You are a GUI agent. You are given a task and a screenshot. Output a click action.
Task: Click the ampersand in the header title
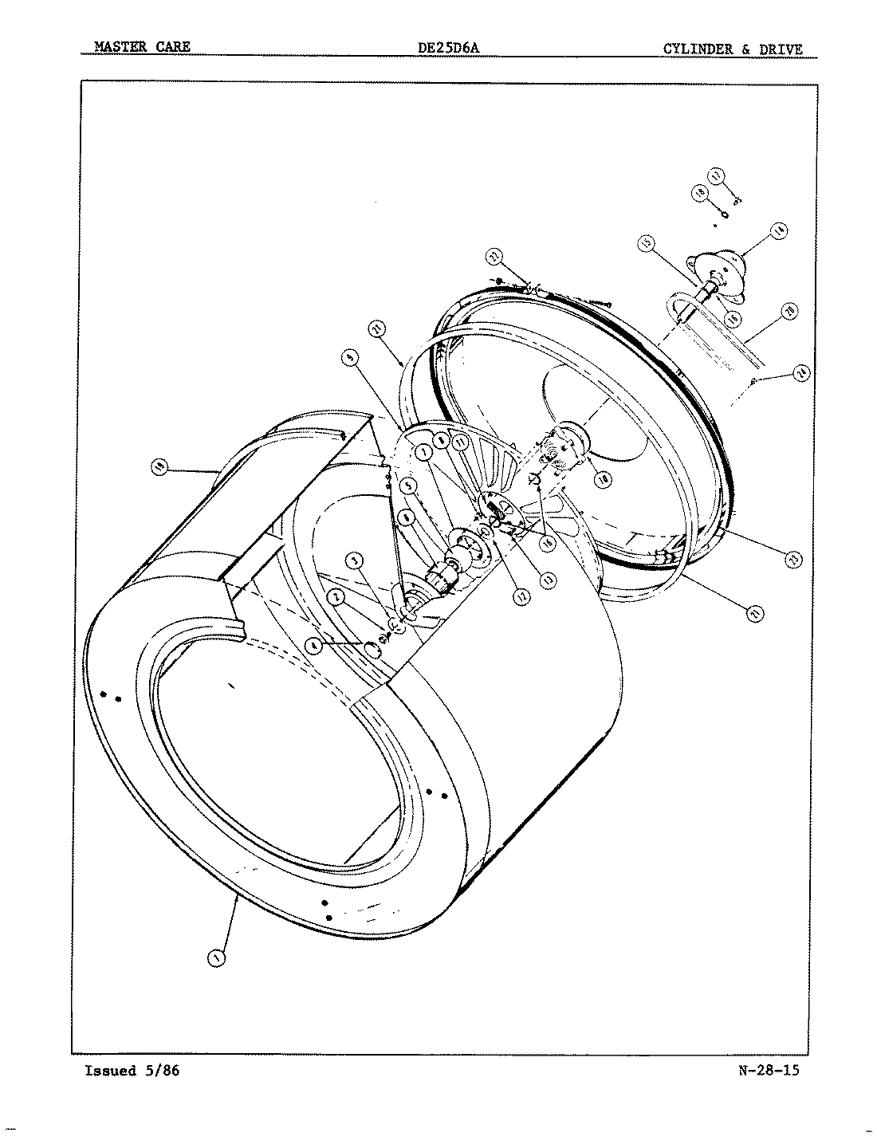coord(744,49)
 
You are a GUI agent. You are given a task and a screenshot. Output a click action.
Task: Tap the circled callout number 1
coord(215,958)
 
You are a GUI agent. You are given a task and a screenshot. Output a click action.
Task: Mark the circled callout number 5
coord(409,485)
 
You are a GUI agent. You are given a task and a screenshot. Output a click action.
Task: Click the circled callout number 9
coord(348,360)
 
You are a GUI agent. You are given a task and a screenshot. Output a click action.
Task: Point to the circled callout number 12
coord(521,595)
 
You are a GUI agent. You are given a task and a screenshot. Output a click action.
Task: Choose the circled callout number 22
coord(494,257)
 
